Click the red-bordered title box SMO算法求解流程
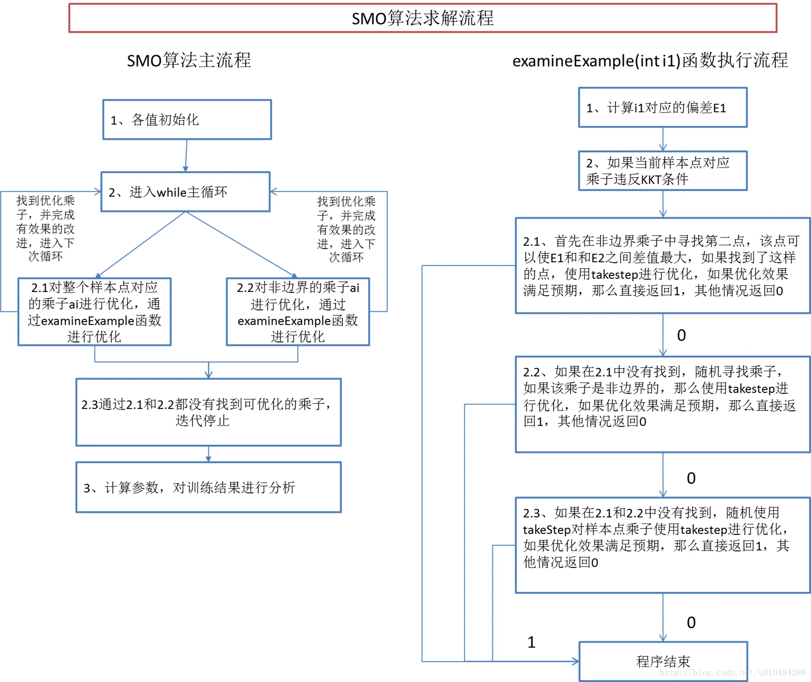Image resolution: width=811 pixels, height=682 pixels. pos(422,18)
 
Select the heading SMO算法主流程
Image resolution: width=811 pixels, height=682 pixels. pos(189,60)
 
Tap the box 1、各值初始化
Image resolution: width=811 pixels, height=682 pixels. pos(187,120)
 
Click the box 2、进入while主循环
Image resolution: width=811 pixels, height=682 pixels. pos(186,192)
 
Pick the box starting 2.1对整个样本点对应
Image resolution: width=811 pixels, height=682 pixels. pos(94,312)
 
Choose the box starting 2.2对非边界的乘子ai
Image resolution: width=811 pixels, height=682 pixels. pos(298,312)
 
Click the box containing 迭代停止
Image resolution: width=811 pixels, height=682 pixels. pos(208,412)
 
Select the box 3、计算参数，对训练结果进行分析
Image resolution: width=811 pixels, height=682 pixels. pos(208,487)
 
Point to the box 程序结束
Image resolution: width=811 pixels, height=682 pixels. pos(663,662)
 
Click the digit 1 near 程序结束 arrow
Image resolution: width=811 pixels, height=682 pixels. pos(531,642)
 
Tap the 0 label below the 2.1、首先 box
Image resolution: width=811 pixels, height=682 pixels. pos(682,336)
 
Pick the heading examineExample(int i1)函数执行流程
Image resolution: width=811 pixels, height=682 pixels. pos(650,61)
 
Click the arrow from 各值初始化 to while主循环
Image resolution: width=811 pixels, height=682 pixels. pos(186,155)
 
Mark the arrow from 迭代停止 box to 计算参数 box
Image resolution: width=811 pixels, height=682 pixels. pos(208,454)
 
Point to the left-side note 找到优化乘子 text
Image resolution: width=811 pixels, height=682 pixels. pos(45,228)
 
